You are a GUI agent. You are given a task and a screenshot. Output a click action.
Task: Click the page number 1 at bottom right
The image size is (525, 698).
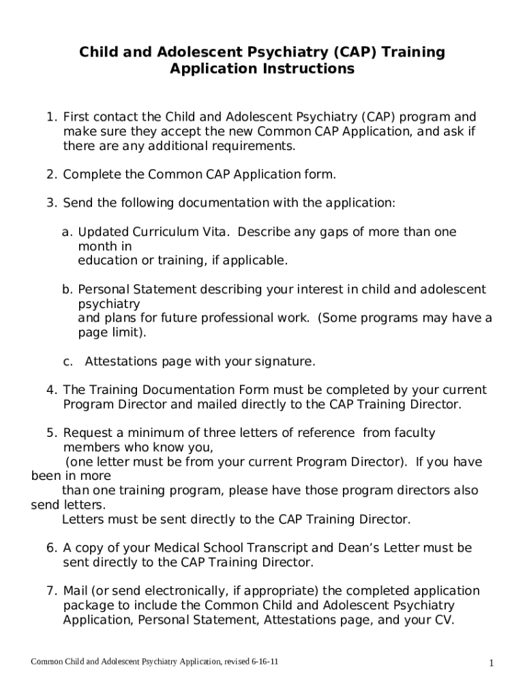pos(490,663)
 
